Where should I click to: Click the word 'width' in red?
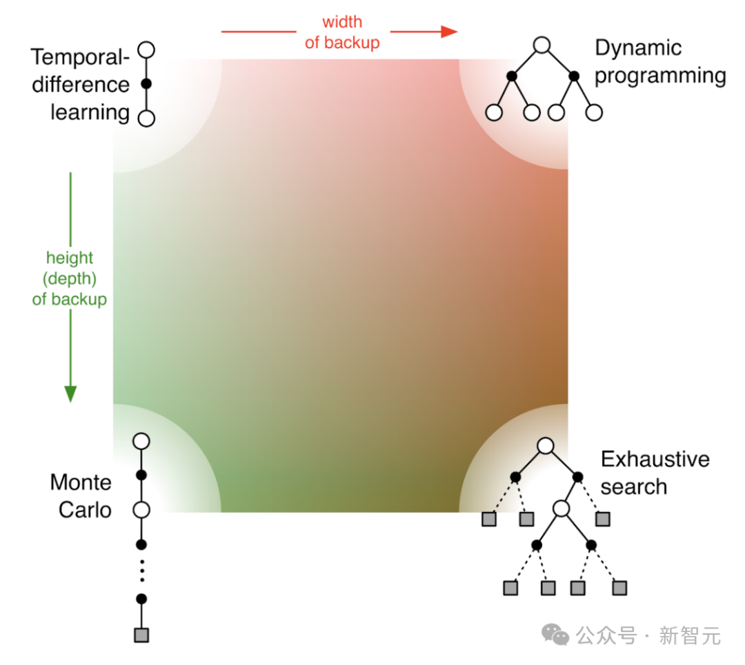pyautogui.click(x=342, y=22)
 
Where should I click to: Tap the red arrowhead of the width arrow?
pyautogui.click(x=448, y=32)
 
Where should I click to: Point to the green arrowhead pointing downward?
pyautogui.click(x=70, y=393)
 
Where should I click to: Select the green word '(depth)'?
pyautogui.click(x=70, y=278)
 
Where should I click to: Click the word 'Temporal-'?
pyautogui.click(x=80, y=57)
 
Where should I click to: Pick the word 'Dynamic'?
pyautogui.click(x=638, y=48)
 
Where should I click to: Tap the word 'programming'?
pyautogui.click(x=660, y=76)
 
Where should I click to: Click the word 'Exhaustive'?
pyautogui.click(x=655, y=459)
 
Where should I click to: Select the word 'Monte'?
pyautogui.click(x=81, y=482)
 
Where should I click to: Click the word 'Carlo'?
pyautogui.click(x=85, y=510)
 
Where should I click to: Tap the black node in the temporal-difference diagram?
pyautogui.click(x=146, y=84)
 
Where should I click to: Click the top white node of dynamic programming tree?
pyautogui.click(x=542, y=45)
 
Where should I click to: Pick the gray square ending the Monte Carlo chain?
pyautogui.click(x=141, y=635)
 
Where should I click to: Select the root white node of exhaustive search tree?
pyautogui.click(x=546, y=446)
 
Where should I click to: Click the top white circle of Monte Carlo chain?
pyautogui.click(x=141, y=441)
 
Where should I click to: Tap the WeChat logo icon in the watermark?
pyautogui.click(x=555, y=635)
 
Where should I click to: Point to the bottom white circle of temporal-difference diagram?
pyautogui.click(x=146, y=119)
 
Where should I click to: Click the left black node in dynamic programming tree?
pyautogui.click(x=512, y=76)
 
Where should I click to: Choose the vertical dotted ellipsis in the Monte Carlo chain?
pyautogui.click(x=141, y=571)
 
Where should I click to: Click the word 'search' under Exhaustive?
pyautogui.click(x=634, y=487)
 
